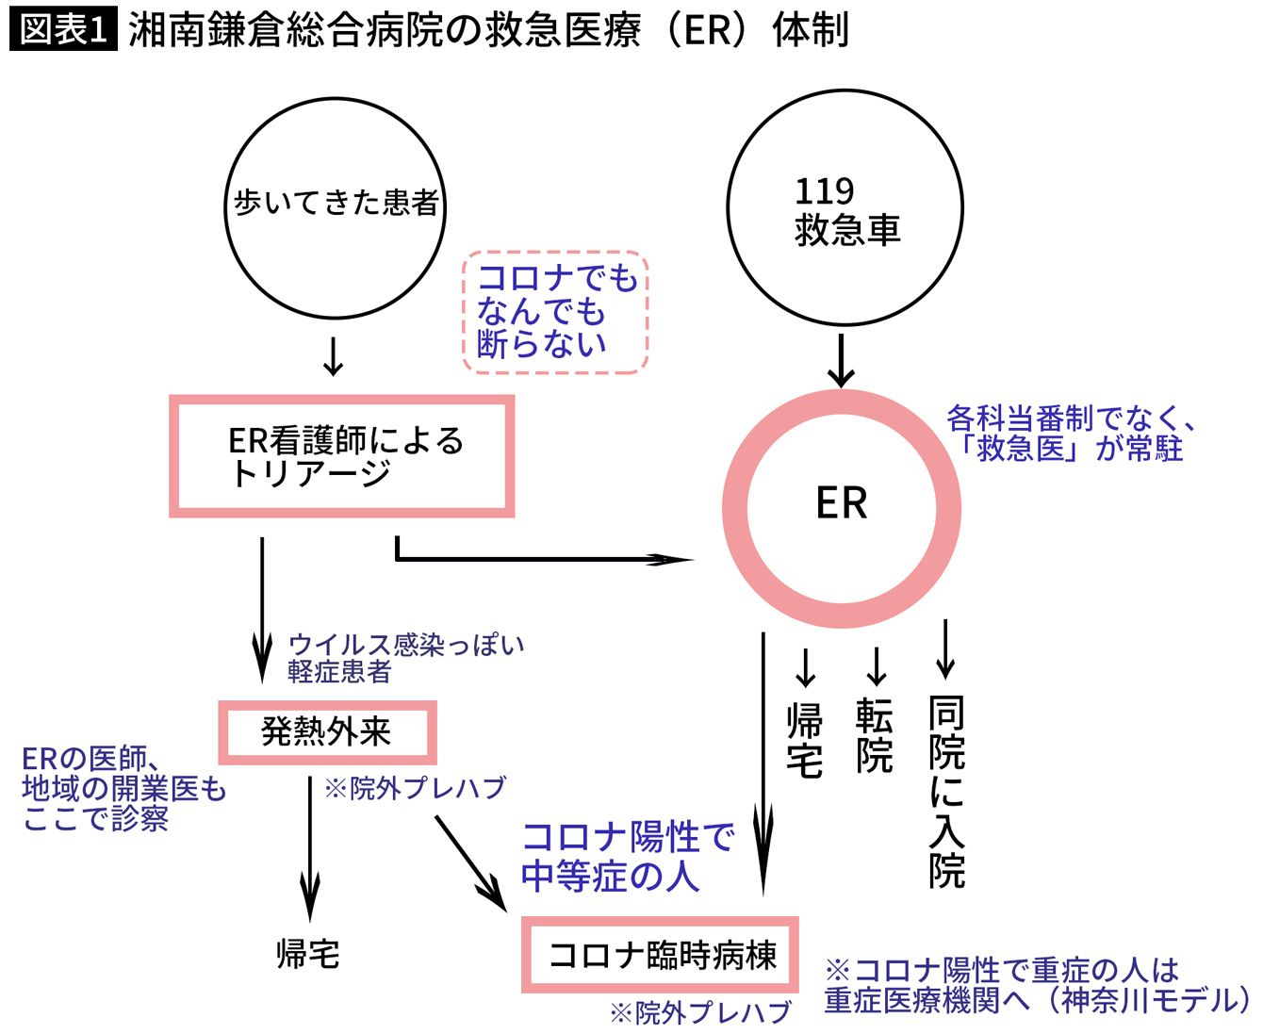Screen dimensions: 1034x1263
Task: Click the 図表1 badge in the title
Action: click(x=63, y=30)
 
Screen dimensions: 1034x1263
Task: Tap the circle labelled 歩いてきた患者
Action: click(x=336, y=204)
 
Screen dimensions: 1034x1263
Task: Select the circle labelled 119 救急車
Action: click(x=845, y=208)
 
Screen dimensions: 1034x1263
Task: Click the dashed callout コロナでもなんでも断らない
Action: click(x=555, y=312)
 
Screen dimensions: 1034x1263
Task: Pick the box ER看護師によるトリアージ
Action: click(x=341, y=456)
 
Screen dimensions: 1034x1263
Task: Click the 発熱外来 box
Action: click(x=327, y=732)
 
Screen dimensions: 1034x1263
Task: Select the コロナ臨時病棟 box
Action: click(x=661, y=955)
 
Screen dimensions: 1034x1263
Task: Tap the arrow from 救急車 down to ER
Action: click(x=841, y=360)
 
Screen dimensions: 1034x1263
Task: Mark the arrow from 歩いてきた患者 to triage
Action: click(x=333, y=354)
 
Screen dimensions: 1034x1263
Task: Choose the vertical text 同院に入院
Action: click(x=947, y=792)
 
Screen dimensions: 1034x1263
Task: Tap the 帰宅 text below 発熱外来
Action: click(x=308, y=954)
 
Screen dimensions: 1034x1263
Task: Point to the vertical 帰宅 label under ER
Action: click(x=805, y=742)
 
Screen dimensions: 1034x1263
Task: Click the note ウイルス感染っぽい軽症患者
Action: click(x=405, y=658)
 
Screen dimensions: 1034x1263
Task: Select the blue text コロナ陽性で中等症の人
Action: click(x=627, y=856)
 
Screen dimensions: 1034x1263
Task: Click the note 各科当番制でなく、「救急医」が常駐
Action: click(x=1071, y=433)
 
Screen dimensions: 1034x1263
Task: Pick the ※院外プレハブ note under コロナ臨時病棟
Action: click(x=700, y=1013)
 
